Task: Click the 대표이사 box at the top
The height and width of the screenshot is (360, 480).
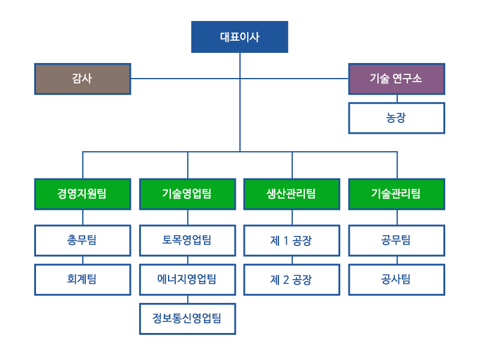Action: coord(239,37)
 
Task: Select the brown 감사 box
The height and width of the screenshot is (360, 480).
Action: coord(83,79)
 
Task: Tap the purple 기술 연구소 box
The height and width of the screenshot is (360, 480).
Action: coord(397,79)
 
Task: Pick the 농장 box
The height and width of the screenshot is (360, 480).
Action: coord(397,118)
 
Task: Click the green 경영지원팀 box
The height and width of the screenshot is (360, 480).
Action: coord(83,194)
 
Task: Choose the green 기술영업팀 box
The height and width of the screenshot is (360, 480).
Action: coord(188,194)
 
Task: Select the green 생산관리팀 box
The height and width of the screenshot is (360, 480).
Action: coord(292,194)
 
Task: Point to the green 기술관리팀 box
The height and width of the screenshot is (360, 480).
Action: coord(397,194)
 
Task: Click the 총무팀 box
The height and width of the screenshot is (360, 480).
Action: coord(83,241)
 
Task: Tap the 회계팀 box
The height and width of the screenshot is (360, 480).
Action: coord(83,280)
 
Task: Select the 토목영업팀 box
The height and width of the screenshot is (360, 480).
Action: coord(188,241)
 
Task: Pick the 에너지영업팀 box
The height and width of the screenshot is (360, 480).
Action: coord(188,280)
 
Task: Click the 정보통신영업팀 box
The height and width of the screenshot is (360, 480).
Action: coord(188,319)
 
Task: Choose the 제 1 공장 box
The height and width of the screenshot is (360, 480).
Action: coord(292,241)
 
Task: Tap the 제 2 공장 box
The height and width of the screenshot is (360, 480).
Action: coord(292,280)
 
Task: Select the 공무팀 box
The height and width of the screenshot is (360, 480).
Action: coord(397,241)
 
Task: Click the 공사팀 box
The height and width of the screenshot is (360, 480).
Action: coord(397,280)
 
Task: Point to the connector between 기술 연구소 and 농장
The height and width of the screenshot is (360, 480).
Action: coord(397,98)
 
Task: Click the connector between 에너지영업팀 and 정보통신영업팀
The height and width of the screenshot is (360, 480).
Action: coord(188,299)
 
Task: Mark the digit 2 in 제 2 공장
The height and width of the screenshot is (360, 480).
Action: coord(286,280)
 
